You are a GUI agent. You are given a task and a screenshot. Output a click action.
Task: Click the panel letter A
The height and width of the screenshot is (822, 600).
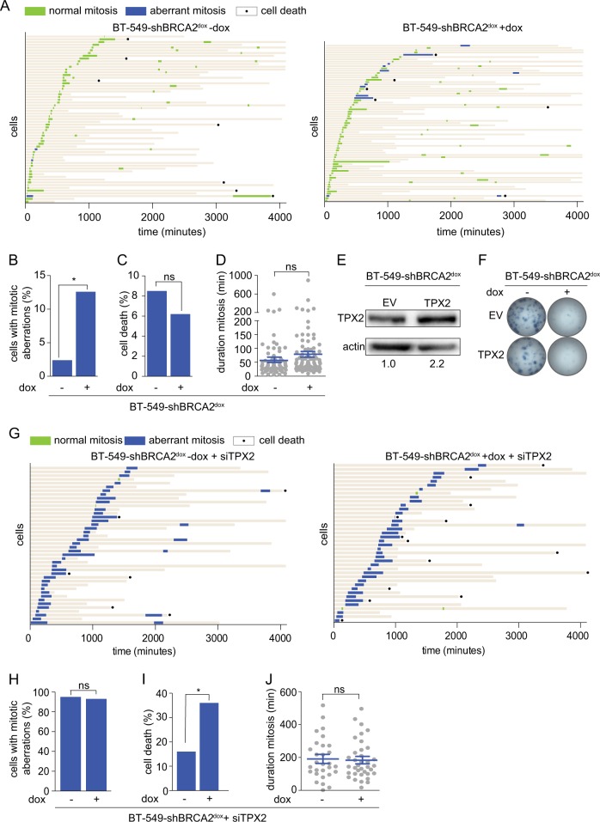(x=7, y=8)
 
